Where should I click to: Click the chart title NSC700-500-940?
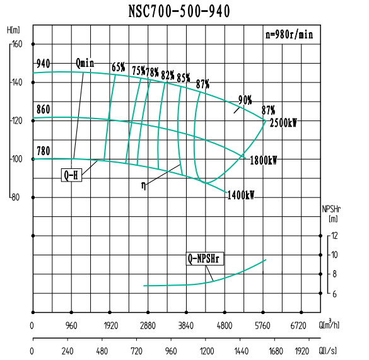pyautogui.click(x=184, y=11)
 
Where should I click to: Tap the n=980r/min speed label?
pyautogui.click(x=288, y=35)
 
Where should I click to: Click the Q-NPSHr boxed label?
pyautogui.click(x=206, y=258)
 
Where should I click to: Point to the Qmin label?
pyautogui.click(x=85, y=63)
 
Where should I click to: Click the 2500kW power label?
pyautogui.click(x=283, y=123)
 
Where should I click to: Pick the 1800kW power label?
pyautogui.click(x=263, y=160)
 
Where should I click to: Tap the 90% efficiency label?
pyautogui.click(x=245, y=100)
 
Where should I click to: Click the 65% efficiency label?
pyautogui.click(x=118, y=67)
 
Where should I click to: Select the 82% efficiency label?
pyautogui.click(x=168, y=75)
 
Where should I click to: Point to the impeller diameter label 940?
pyautogui.click(x=44, y=64)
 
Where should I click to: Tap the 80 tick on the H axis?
pyautogui.click(x=17, y=197)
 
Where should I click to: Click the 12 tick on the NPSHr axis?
pyautogui.click(x=335, y=236)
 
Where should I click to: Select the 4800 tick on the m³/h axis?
pyautogui.click(x=225, y=326)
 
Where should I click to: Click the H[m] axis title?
pyautogui.click(x=13, y=30)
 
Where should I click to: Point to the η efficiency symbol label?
pyautogui.click(x=144, y=185)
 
